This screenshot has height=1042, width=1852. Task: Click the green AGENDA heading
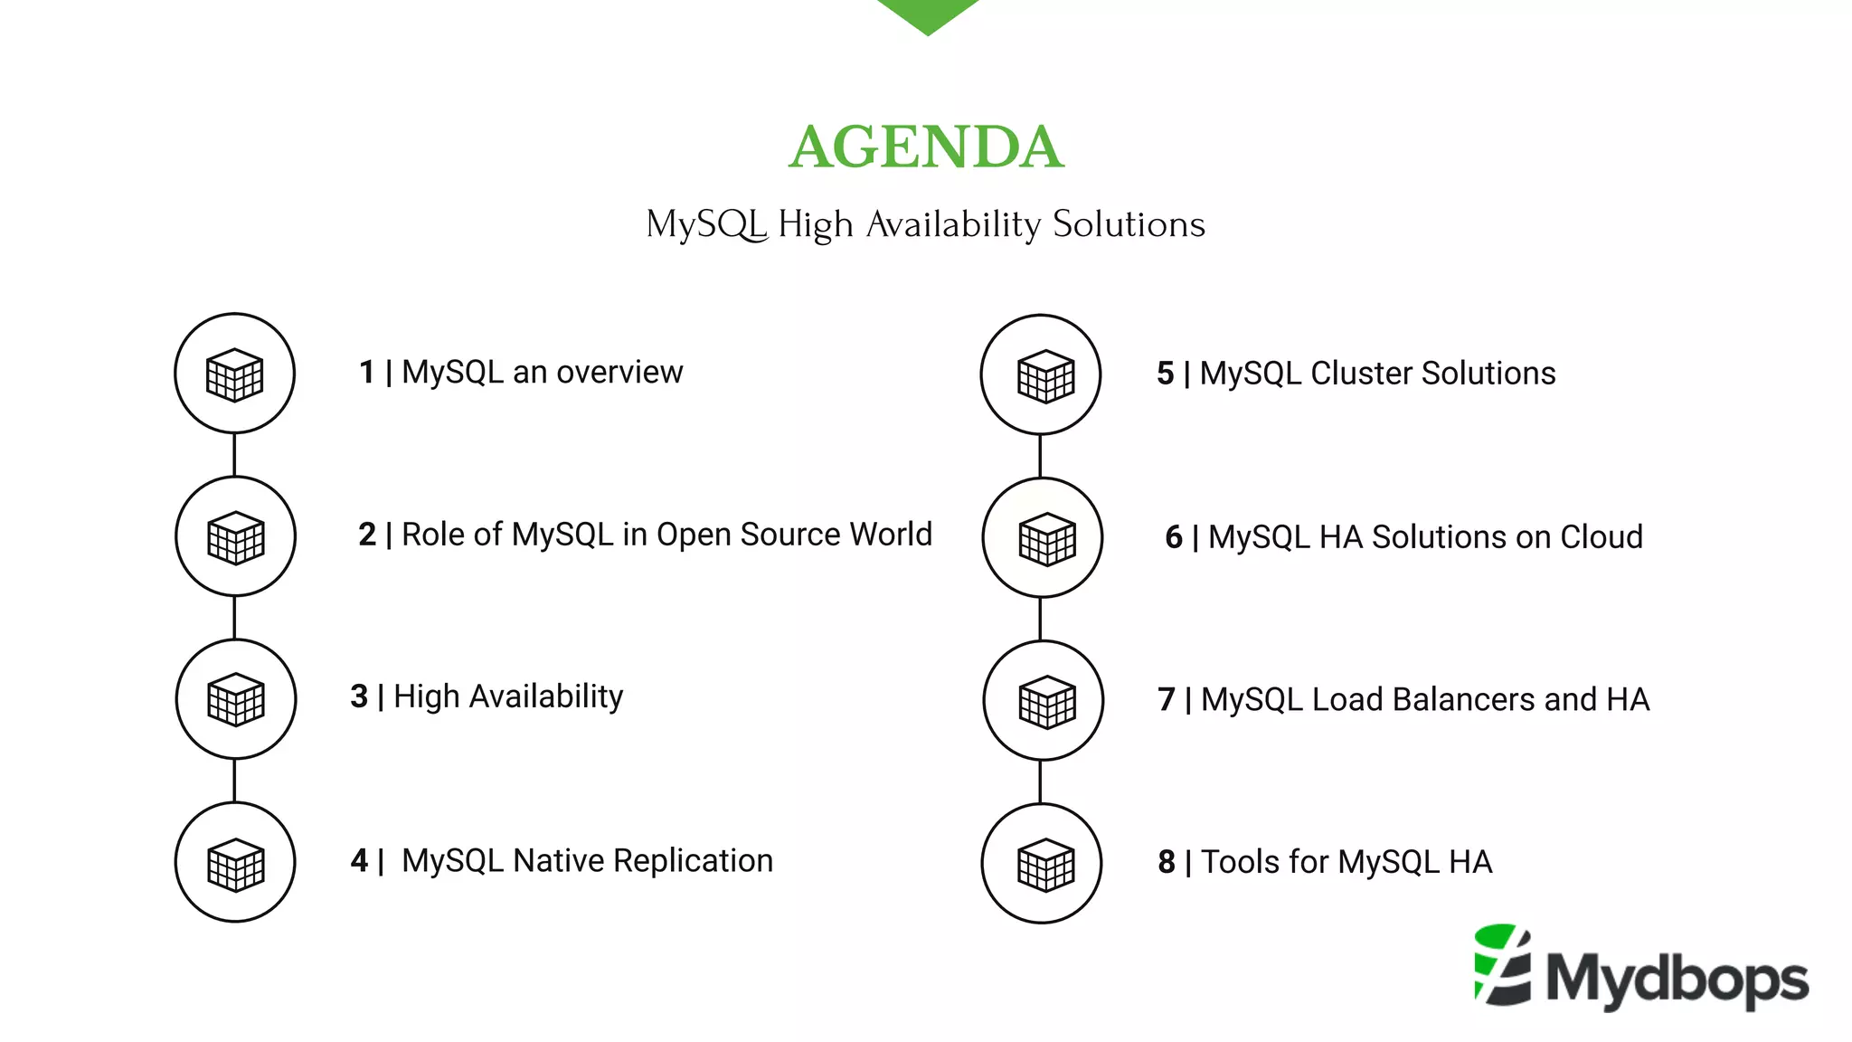pos(926,147)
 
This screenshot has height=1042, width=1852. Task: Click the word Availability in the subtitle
pos(953,224)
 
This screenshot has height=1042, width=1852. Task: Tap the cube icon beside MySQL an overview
pos(234,374)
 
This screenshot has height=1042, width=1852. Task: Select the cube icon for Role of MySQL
pos(235,536)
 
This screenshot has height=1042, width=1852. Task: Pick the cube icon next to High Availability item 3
pos(236,699)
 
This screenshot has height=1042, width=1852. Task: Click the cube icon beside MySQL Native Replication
pos(235,863)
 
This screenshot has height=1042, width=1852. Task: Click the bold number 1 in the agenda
pos(366,372)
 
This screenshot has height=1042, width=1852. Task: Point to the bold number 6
pos(1173,537)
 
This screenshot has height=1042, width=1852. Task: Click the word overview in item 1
pos(619,372)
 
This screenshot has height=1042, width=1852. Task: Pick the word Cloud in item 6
pos(1602,537)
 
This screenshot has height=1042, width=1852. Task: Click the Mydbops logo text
pos(1677,979)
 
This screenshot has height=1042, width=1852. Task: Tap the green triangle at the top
pos(927,13)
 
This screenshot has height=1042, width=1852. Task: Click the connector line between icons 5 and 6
pos(1041,456)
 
